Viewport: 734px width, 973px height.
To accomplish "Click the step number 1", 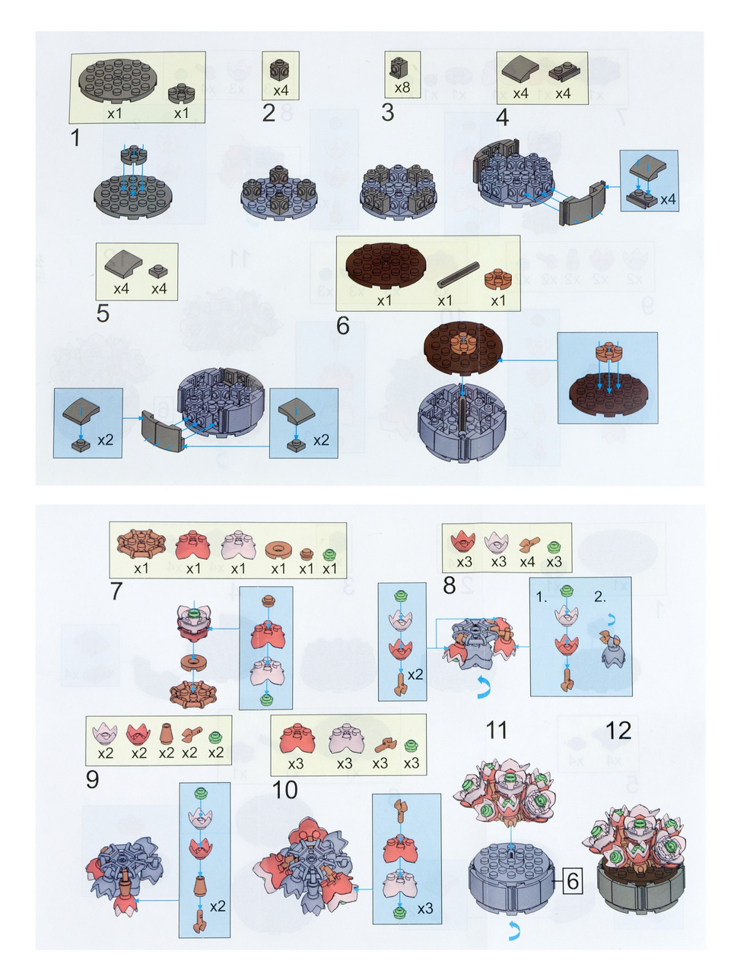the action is point(75,138).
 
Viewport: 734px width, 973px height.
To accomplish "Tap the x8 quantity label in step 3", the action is point(402,87).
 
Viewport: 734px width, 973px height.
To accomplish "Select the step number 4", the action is point(501,117).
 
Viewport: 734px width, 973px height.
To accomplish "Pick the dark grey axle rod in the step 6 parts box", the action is point(458,275).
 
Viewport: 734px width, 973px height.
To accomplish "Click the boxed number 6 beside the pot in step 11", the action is point(572,881).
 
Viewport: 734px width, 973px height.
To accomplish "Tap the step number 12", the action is point(618,730).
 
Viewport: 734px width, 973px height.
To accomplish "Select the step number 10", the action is point(284,790).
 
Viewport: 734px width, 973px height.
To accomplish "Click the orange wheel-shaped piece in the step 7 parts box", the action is point(141,542).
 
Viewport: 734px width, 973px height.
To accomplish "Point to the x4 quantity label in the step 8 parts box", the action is point(527,562).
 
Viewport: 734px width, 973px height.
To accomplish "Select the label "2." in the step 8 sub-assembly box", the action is point(599,597).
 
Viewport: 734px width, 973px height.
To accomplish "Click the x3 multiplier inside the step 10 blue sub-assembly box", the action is point(424,908).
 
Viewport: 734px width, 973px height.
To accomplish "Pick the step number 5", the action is point(103,313).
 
